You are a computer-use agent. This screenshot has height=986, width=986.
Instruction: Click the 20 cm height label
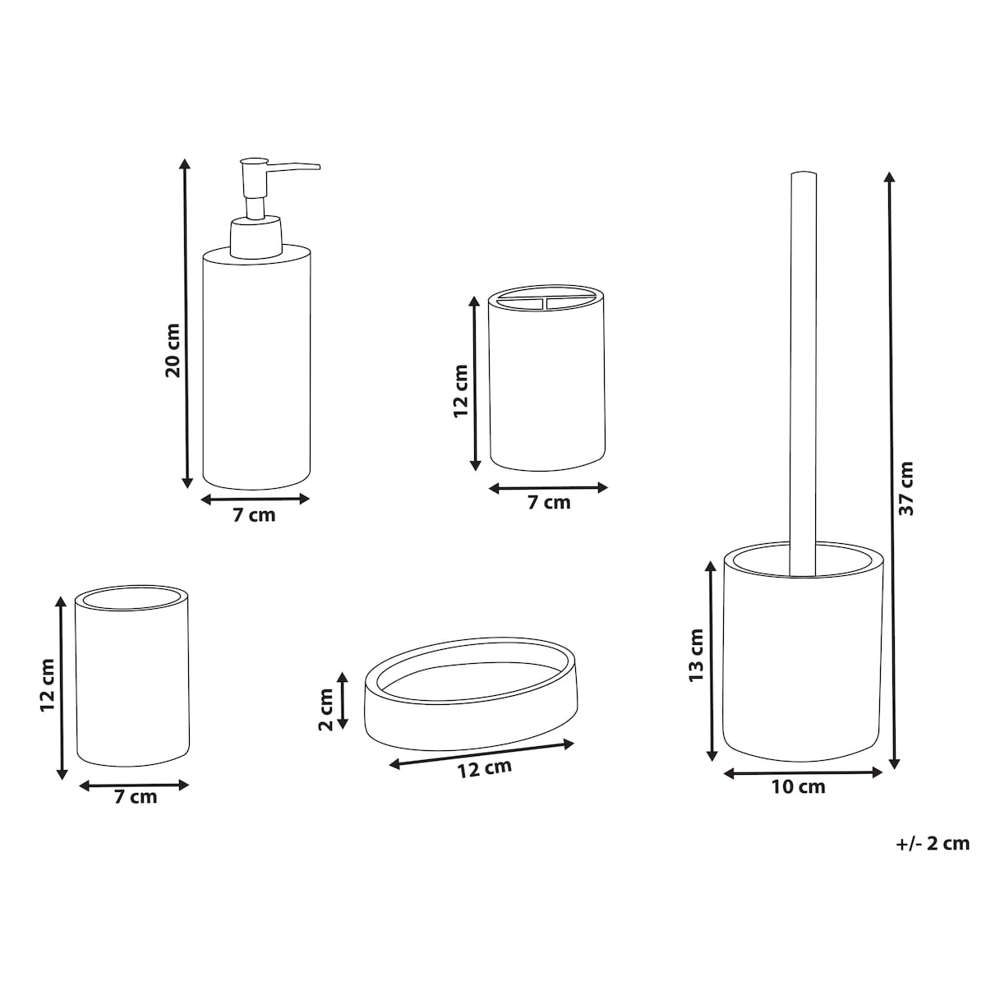(173, 351)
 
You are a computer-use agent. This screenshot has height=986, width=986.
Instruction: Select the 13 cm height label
(696, 655)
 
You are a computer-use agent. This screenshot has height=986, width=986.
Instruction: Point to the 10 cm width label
(798, 787)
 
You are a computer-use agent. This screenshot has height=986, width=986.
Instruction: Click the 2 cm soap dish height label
(326, 709)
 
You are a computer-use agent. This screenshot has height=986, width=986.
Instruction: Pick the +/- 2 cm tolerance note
(933, 843)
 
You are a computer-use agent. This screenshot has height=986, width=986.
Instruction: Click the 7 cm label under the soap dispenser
(254, 515)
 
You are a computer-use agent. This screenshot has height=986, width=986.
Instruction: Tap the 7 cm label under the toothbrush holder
(549, 503)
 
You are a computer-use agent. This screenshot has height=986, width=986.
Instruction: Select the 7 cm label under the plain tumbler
(136, 797)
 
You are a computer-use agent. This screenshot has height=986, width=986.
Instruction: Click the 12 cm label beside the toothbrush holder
(461, 391)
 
